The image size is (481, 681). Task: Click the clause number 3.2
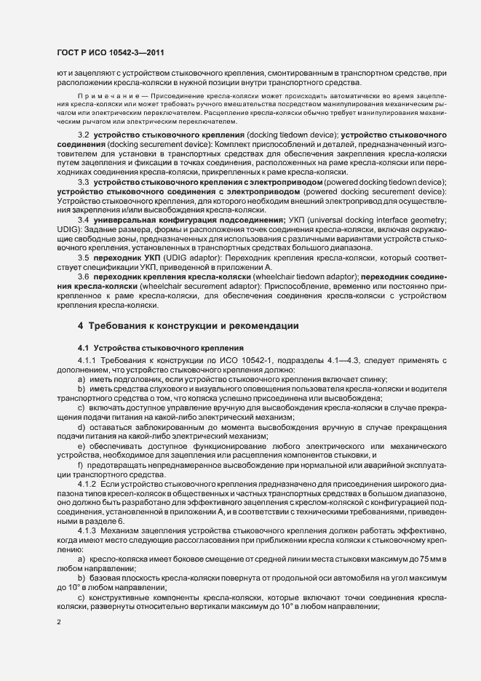point(83,136)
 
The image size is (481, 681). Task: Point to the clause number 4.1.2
point(87,484)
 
